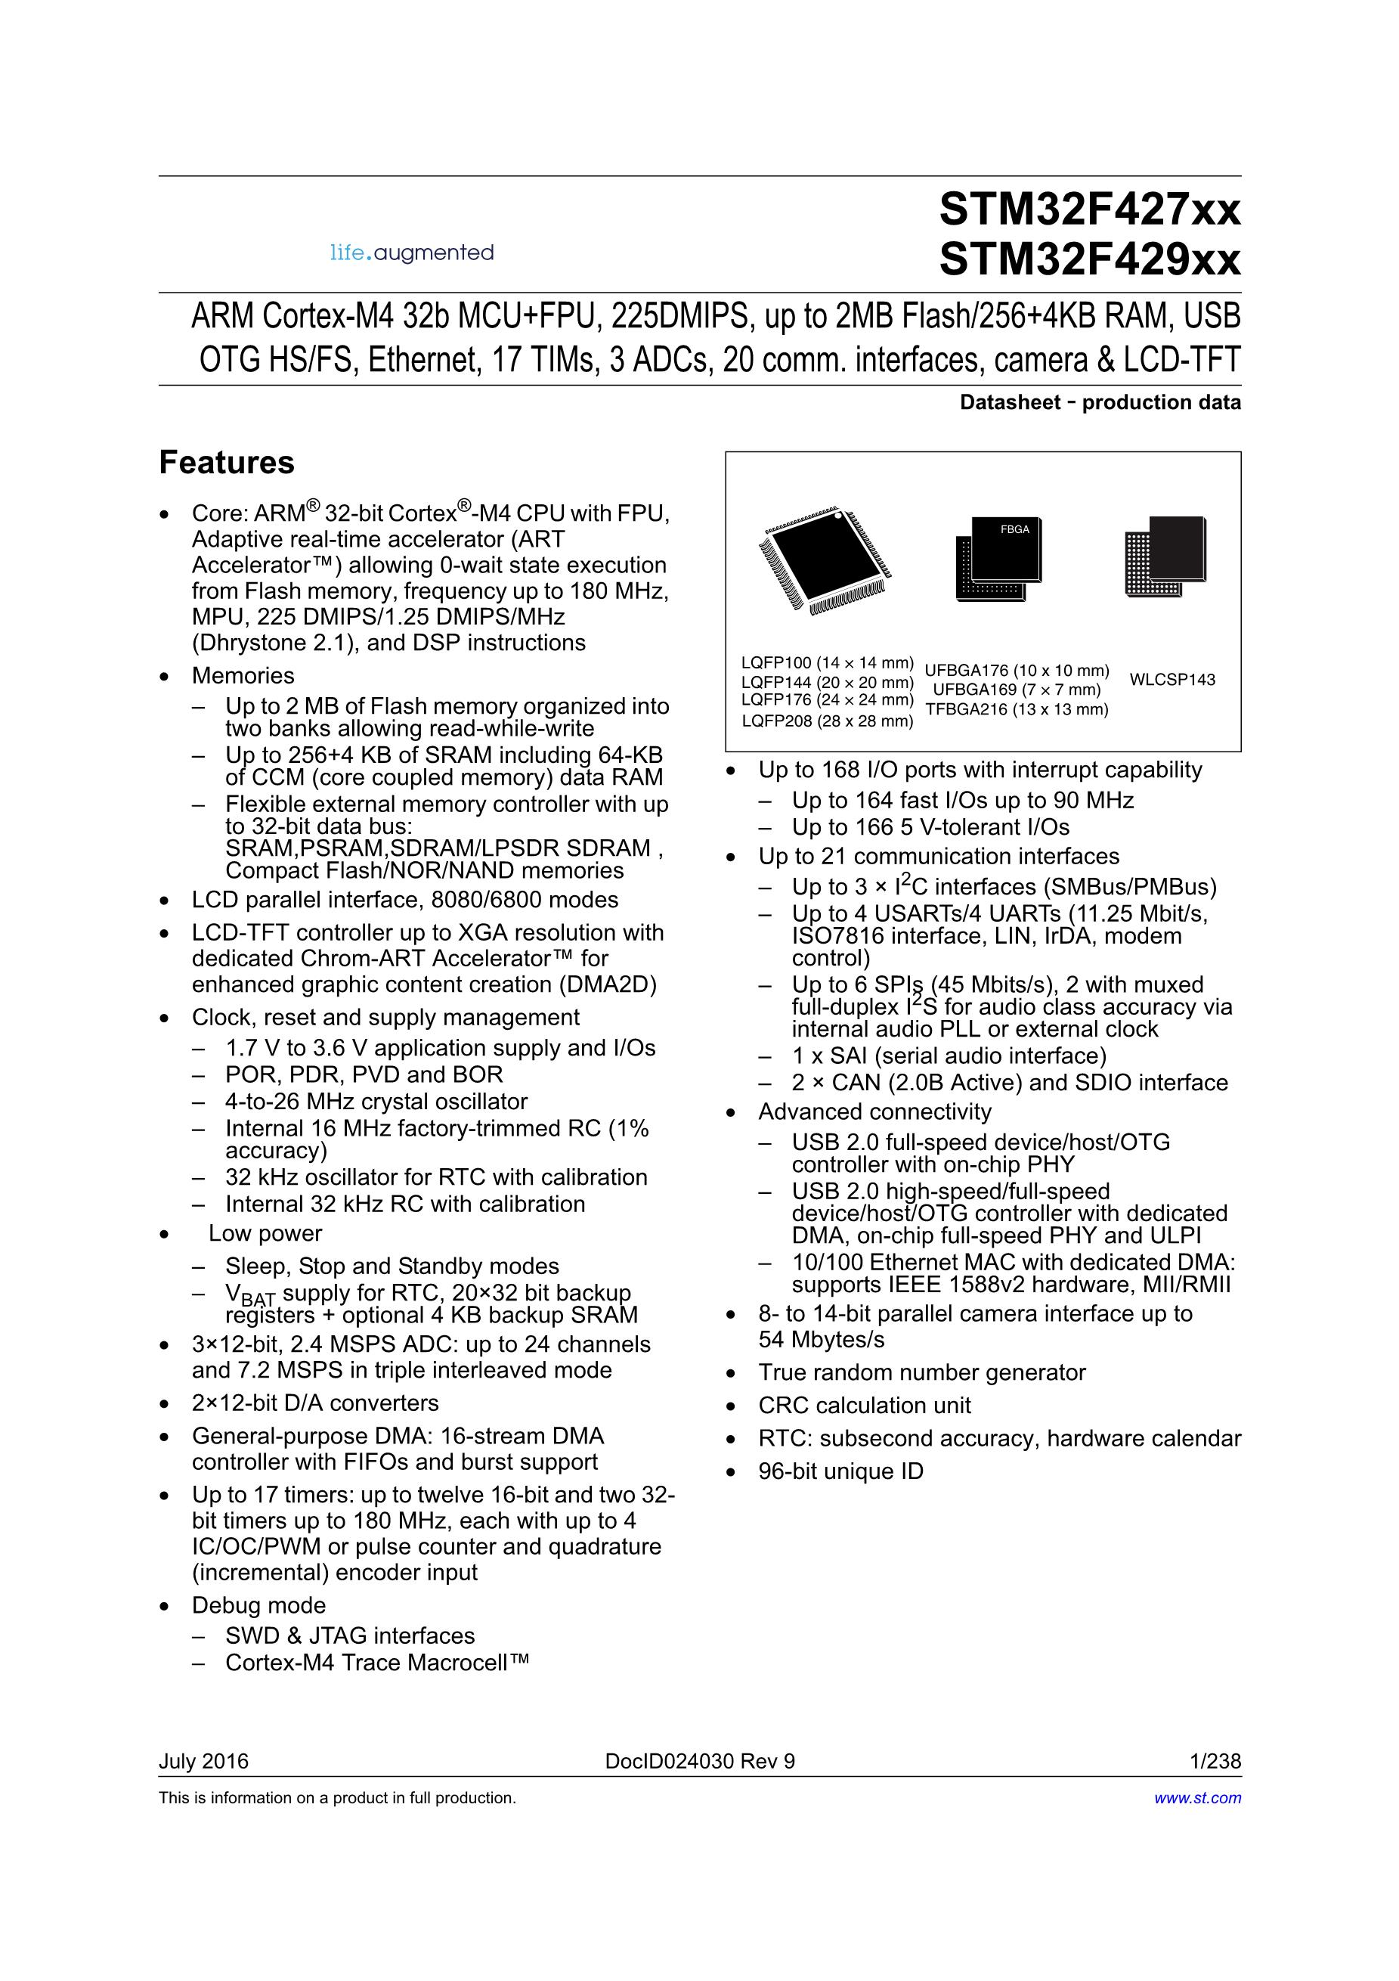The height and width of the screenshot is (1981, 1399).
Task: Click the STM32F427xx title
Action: click(1089, 209)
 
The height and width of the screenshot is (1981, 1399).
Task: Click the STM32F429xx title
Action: click(1089, 259)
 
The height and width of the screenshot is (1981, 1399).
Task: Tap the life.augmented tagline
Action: click(411, 253)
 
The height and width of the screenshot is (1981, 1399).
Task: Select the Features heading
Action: click(226, 463)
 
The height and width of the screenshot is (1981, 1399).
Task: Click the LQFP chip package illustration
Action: click(825, 559)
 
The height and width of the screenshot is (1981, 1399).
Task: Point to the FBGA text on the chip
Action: click(1014, 529)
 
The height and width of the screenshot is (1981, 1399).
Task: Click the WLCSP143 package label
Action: click(1172, 680)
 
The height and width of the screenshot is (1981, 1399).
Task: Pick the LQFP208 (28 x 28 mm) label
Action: click(826, 721)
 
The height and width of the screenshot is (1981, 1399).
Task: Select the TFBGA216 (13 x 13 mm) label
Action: click(1017, 709)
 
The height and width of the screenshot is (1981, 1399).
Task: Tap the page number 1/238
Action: click(1215, 1761)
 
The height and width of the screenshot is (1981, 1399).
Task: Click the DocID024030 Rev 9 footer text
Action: click(700, 1761)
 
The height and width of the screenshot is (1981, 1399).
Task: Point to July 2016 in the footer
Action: click(203, 1761)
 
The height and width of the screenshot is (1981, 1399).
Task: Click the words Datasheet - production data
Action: click(1100, 402)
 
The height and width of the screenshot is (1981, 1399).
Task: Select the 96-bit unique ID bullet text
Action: click(840, 1471)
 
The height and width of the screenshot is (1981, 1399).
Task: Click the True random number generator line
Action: click(921, 1373)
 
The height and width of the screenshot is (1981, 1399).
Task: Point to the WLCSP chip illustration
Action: click(1165, 556)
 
